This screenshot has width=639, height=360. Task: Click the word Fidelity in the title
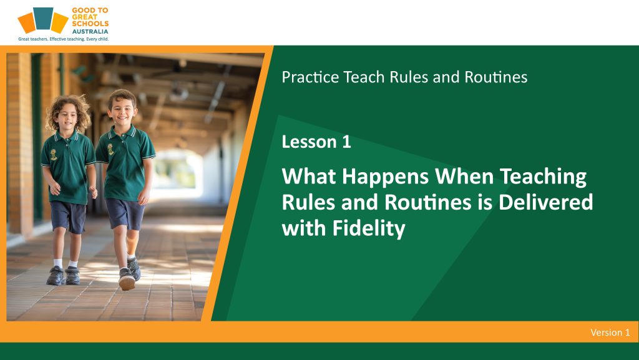click(369, 228)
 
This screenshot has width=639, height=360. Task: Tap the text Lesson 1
click(316, 142)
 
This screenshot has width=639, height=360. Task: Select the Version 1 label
click(610, 333)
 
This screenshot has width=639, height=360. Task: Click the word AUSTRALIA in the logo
click(90, 31)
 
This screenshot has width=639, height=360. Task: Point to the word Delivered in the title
click(545, 202)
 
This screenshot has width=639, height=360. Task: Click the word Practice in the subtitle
click(310, 77)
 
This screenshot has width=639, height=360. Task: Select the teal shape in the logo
click(43, 18)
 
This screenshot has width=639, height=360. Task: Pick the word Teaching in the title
click(544, 177)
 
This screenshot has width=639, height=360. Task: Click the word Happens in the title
click(385, 177)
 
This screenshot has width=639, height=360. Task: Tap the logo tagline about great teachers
click(64, 39)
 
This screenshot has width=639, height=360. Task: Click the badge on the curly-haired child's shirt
click(54, 155)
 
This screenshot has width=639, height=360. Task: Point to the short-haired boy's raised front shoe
click(127, 280)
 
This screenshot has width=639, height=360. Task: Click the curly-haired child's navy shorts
click(68, 216)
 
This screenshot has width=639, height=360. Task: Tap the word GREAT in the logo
click(85, 17)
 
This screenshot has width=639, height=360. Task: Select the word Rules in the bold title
click(309, 202)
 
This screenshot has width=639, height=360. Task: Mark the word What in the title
click(309, 177)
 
